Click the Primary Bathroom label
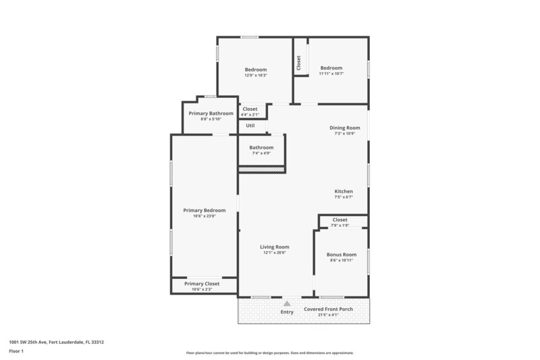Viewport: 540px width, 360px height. pyautogui.click(x=211, y=113)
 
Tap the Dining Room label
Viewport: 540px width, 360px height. pyautogui.click(x=344, y=128)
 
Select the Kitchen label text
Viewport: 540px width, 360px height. pyautogui.click(x=344, y=191)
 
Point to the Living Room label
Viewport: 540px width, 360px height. pyautogui.click(x=275, y=247)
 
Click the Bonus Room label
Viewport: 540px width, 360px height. pyautogui.click(x=341, y=255)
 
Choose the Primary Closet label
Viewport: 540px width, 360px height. pyautogui.click(x=202, y=284)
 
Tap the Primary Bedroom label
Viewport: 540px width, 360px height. pyautogui.click(x=204, y=210)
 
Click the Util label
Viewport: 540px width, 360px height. pyautogui.click(x=250, y=126)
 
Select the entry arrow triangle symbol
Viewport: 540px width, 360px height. pyautogui.click(x=287, y=304)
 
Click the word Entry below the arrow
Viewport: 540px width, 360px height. pyautogui.click(x=287, y=311)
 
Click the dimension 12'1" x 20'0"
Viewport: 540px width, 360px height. pyautogui.click(x=274, y=253)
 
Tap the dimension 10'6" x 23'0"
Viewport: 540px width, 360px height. pyautogui.click(x=204, y=216)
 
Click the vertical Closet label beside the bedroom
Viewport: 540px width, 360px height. pyautogui.click(x=298, y=62)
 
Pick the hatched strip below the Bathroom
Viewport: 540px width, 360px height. pyautogui.click(x=261, y=170)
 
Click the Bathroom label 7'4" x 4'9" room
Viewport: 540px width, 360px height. pyautogui.click(x=261, y=147)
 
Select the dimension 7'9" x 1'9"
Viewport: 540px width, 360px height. pyautogui.click(x=340, y=225)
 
